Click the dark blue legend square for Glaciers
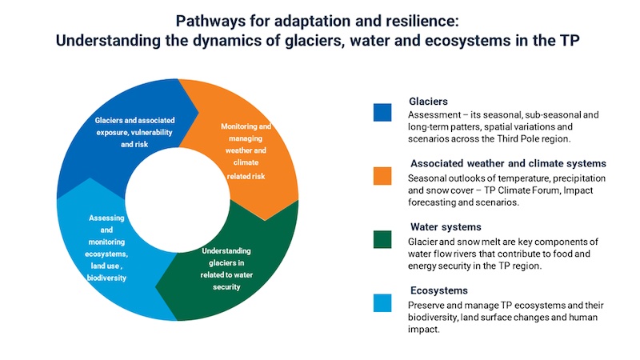pyautogui.click(x=382, y=113)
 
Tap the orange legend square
pyautogui.click(x=382, y=176)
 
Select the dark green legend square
pyautogui.click(x=382, y=239)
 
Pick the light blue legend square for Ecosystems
pyautogui.click(x=382, y=303)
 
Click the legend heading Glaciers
pyautogui.click(x=428, y=102)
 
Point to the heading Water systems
pyautogui.click(x=446, y=227)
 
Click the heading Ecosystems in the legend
pyautogui.click(x=438, y=290)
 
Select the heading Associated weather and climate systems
pyautogui.click(x=508, y=163)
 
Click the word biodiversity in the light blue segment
pyautogui.click(x=106, y=278)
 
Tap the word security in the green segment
pyautogui.click(x=226, y=287)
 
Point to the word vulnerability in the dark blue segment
pyautogui.click(x=151, y=132)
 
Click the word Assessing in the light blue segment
pyautogui.click(x=106, y=218)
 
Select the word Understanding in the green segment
pyautogui.click(x=226, y=251)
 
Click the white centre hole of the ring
pyautogui.click(x=178, y=200)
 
